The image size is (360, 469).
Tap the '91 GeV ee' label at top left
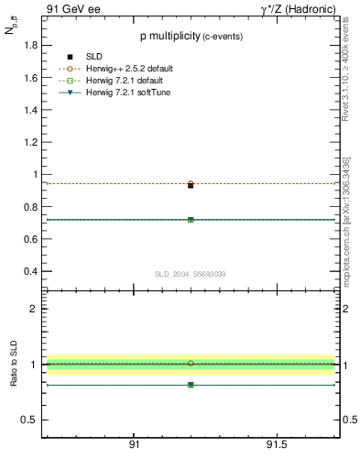tap(72, 8)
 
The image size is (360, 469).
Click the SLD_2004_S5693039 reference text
tap(190, 275)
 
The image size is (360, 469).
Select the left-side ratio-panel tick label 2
tap(34, 309)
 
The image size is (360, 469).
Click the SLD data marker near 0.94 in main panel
tap(191, 185)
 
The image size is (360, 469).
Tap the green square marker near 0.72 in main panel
tap(191, 220)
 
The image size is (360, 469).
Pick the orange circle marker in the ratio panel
tap(191, 364)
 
